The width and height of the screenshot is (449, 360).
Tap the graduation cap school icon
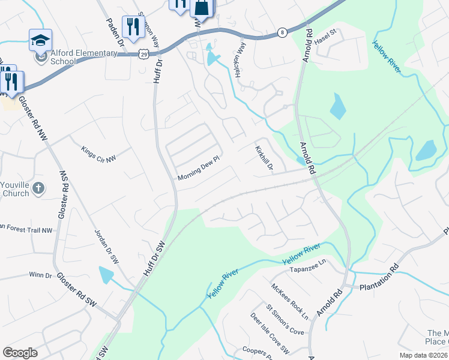pyautogui.click(x=40, y=40)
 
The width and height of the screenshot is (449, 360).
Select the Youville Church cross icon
pyautogui.click(x=38, y=188)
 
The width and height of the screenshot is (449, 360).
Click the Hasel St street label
pyautogui.click(x=327, y=39)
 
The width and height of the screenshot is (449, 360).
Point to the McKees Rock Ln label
pyautogui.click(x=289, y=301)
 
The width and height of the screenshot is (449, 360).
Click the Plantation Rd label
pyautogui.click(x=379, y=278)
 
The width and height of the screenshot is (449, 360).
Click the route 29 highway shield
pyautogui.click(x=143, y=54)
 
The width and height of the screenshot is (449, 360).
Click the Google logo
pyautogui.click(x=20, y=353)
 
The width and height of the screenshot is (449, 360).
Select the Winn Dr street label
pyautogui.click(x=40, y=275)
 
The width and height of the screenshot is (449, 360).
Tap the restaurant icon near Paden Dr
pyautogui.click(x=130, y=26)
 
